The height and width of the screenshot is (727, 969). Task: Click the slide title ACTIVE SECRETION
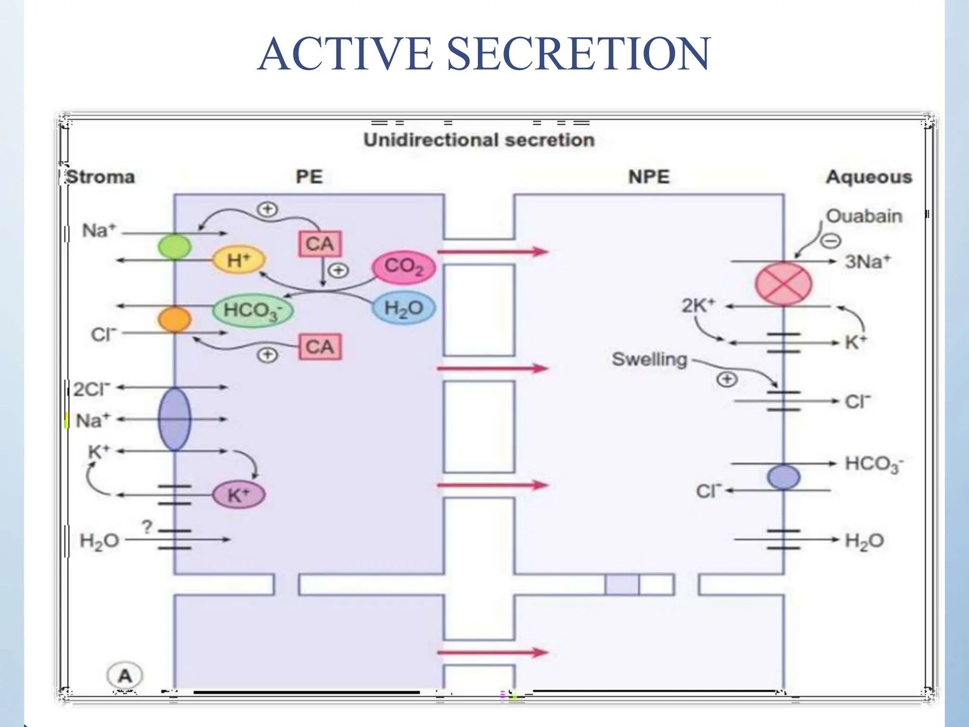tap(484, 54)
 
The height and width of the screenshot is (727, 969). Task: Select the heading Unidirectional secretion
tap(479, 140)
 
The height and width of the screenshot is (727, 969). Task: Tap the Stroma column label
tap(100, 177)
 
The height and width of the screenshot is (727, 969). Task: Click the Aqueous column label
tap(869, 177)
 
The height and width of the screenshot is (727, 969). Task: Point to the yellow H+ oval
tap(239, 260)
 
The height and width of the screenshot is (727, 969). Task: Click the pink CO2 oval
tap(404, 266)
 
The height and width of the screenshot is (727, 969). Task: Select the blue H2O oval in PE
tap(404, 308)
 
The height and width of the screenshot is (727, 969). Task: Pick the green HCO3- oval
tap(253, 310)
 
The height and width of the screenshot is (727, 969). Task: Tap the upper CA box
tap(320, 244)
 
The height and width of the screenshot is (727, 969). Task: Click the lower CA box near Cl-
tap(320, 347)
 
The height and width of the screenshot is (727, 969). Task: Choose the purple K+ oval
tap(238, 495)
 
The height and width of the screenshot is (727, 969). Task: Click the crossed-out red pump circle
tap(783, 284)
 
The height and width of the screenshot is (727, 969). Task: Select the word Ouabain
tap(864, 216)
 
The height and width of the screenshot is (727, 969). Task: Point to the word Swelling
tap(649, 359)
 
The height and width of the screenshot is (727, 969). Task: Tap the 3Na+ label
tap(867, 261)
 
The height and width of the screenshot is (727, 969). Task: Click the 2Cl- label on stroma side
tap(91, 389)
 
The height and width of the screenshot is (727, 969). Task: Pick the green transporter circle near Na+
tap(175, 247)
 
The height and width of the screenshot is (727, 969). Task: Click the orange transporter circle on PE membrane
tap(175, 319)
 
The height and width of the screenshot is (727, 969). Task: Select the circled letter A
tap(125, 675)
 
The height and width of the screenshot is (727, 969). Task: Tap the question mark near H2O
tap(147, 526)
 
